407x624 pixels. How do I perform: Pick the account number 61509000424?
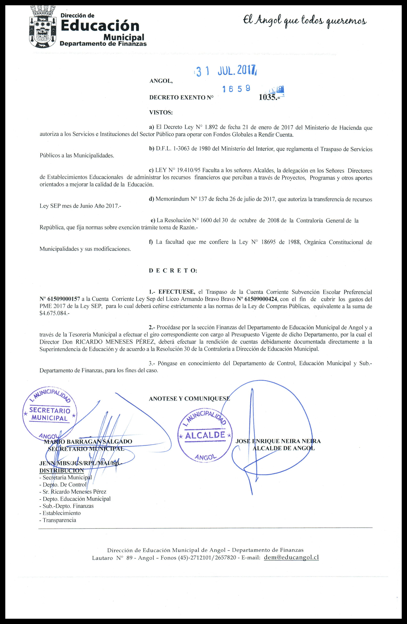coord(260,299)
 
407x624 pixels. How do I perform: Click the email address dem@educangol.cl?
coord(291,557)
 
